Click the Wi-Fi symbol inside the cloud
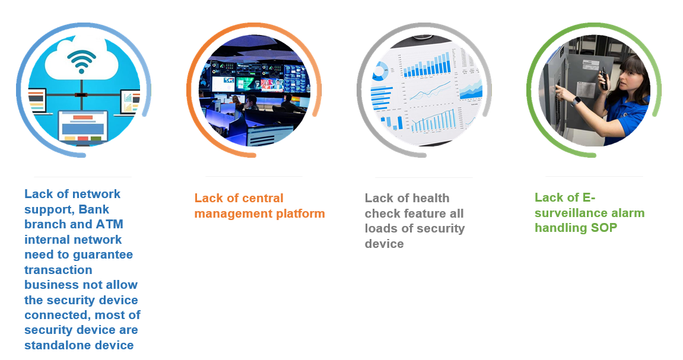[81, 61]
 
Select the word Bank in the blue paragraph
[94, 209]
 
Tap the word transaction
[58, 270]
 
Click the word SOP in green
[603, 228]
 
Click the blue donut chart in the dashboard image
[381, 71]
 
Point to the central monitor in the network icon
[83, 126]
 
